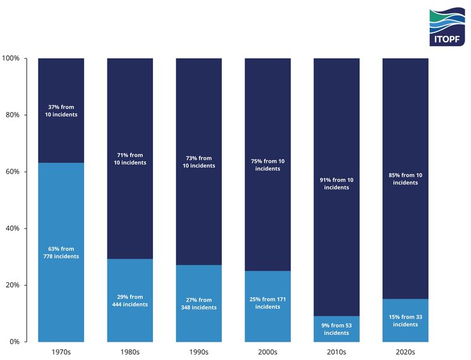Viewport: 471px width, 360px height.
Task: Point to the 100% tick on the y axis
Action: (x=11, y=58)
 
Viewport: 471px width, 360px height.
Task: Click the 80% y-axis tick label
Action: (x=12, y=115)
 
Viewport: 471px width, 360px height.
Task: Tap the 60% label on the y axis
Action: (x=12, y=171)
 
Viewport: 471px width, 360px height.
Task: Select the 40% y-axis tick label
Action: (x=12, y=228)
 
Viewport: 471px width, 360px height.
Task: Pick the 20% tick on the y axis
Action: (x=12, y=285)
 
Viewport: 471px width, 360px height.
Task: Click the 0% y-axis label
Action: (x=14, y=342)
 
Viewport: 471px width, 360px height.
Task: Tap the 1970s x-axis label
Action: (x=61, y=352)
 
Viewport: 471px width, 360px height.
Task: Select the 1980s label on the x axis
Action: (x=130, y=352)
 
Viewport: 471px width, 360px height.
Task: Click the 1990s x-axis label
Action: (x=199, y=352)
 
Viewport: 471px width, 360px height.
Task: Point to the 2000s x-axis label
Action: (x=267, y=352)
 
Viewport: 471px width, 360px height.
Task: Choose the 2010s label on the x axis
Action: (x=336, y=352)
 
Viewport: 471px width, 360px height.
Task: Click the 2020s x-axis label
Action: (x=405, y=352)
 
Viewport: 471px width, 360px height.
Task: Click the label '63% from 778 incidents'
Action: (x=61, y=252)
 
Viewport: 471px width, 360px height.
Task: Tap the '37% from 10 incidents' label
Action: (x=61, y=111)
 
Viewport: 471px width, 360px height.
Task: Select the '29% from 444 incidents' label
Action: (x=130, y=301)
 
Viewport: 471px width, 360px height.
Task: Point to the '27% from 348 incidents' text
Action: (x=199, y=304)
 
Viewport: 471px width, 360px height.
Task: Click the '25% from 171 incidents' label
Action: (x=267, y=303)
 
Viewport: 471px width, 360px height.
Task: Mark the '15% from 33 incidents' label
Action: (x=405, y=321)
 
